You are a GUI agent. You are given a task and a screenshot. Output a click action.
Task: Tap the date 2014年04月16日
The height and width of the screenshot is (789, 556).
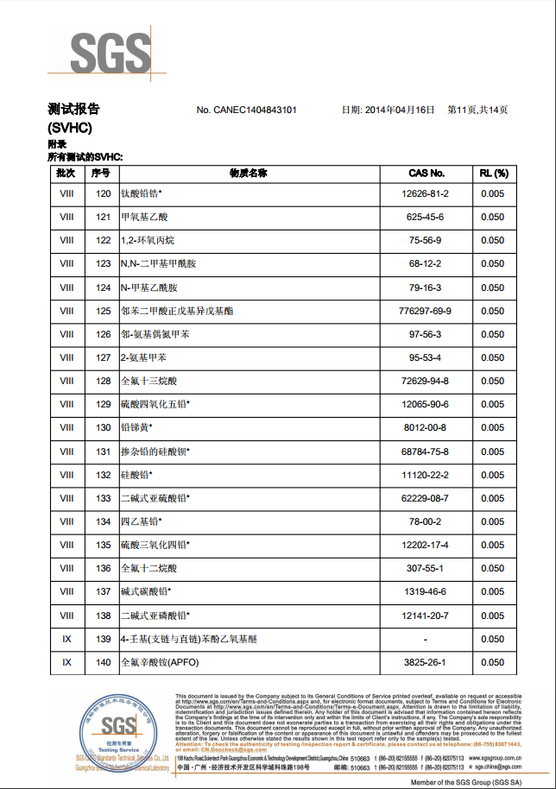click(x=398, y=110)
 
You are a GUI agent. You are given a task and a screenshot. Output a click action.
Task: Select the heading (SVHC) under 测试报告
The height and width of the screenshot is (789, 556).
click(x=69, y=127)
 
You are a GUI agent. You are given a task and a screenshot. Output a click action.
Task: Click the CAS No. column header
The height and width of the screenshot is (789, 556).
click(x=426, y=174)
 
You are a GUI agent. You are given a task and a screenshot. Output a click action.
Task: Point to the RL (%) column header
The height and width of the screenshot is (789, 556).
click(x=493, y=174)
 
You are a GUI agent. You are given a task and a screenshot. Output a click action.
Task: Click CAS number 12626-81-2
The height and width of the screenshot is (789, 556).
click(x=426, y=193)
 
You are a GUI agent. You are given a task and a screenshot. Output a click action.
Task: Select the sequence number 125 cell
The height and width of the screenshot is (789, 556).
click(x=104, y=311)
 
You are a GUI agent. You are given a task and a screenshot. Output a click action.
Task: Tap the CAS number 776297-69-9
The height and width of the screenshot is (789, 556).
click(x=426, y=311)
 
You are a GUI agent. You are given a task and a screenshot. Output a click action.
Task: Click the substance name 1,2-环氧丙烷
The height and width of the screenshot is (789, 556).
click(x=148, y=240)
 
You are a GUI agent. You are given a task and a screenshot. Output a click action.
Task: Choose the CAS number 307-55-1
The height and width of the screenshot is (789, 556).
click(x=426, y=569)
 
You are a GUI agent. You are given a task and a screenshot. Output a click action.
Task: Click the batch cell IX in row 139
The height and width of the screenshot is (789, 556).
click(x=66, y=639)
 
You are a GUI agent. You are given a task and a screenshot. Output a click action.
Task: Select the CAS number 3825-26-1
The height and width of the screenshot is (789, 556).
click(x=426, y=662)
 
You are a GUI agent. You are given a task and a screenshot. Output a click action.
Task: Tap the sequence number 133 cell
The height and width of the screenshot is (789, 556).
click(x=104, y=498)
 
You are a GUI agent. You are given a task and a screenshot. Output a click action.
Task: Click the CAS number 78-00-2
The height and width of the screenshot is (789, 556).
click(x=426, y=521)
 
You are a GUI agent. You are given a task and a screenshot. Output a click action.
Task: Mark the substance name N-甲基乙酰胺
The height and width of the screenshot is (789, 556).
click(x=149, y=287)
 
